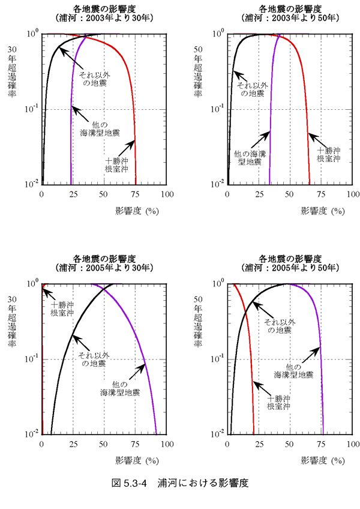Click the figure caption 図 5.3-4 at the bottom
pos(180,483)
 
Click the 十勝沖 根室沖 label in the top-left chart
pos(116,165)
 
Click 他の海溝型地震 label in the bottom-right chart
pos(293,370)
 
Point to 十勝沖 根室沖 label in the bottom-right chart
pos(278,403)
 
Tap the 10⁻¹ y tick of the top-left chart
pos(32,109)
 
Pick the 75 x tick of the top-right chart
pos(320,195)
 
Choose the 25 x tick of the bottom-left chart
pos(73,445)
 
